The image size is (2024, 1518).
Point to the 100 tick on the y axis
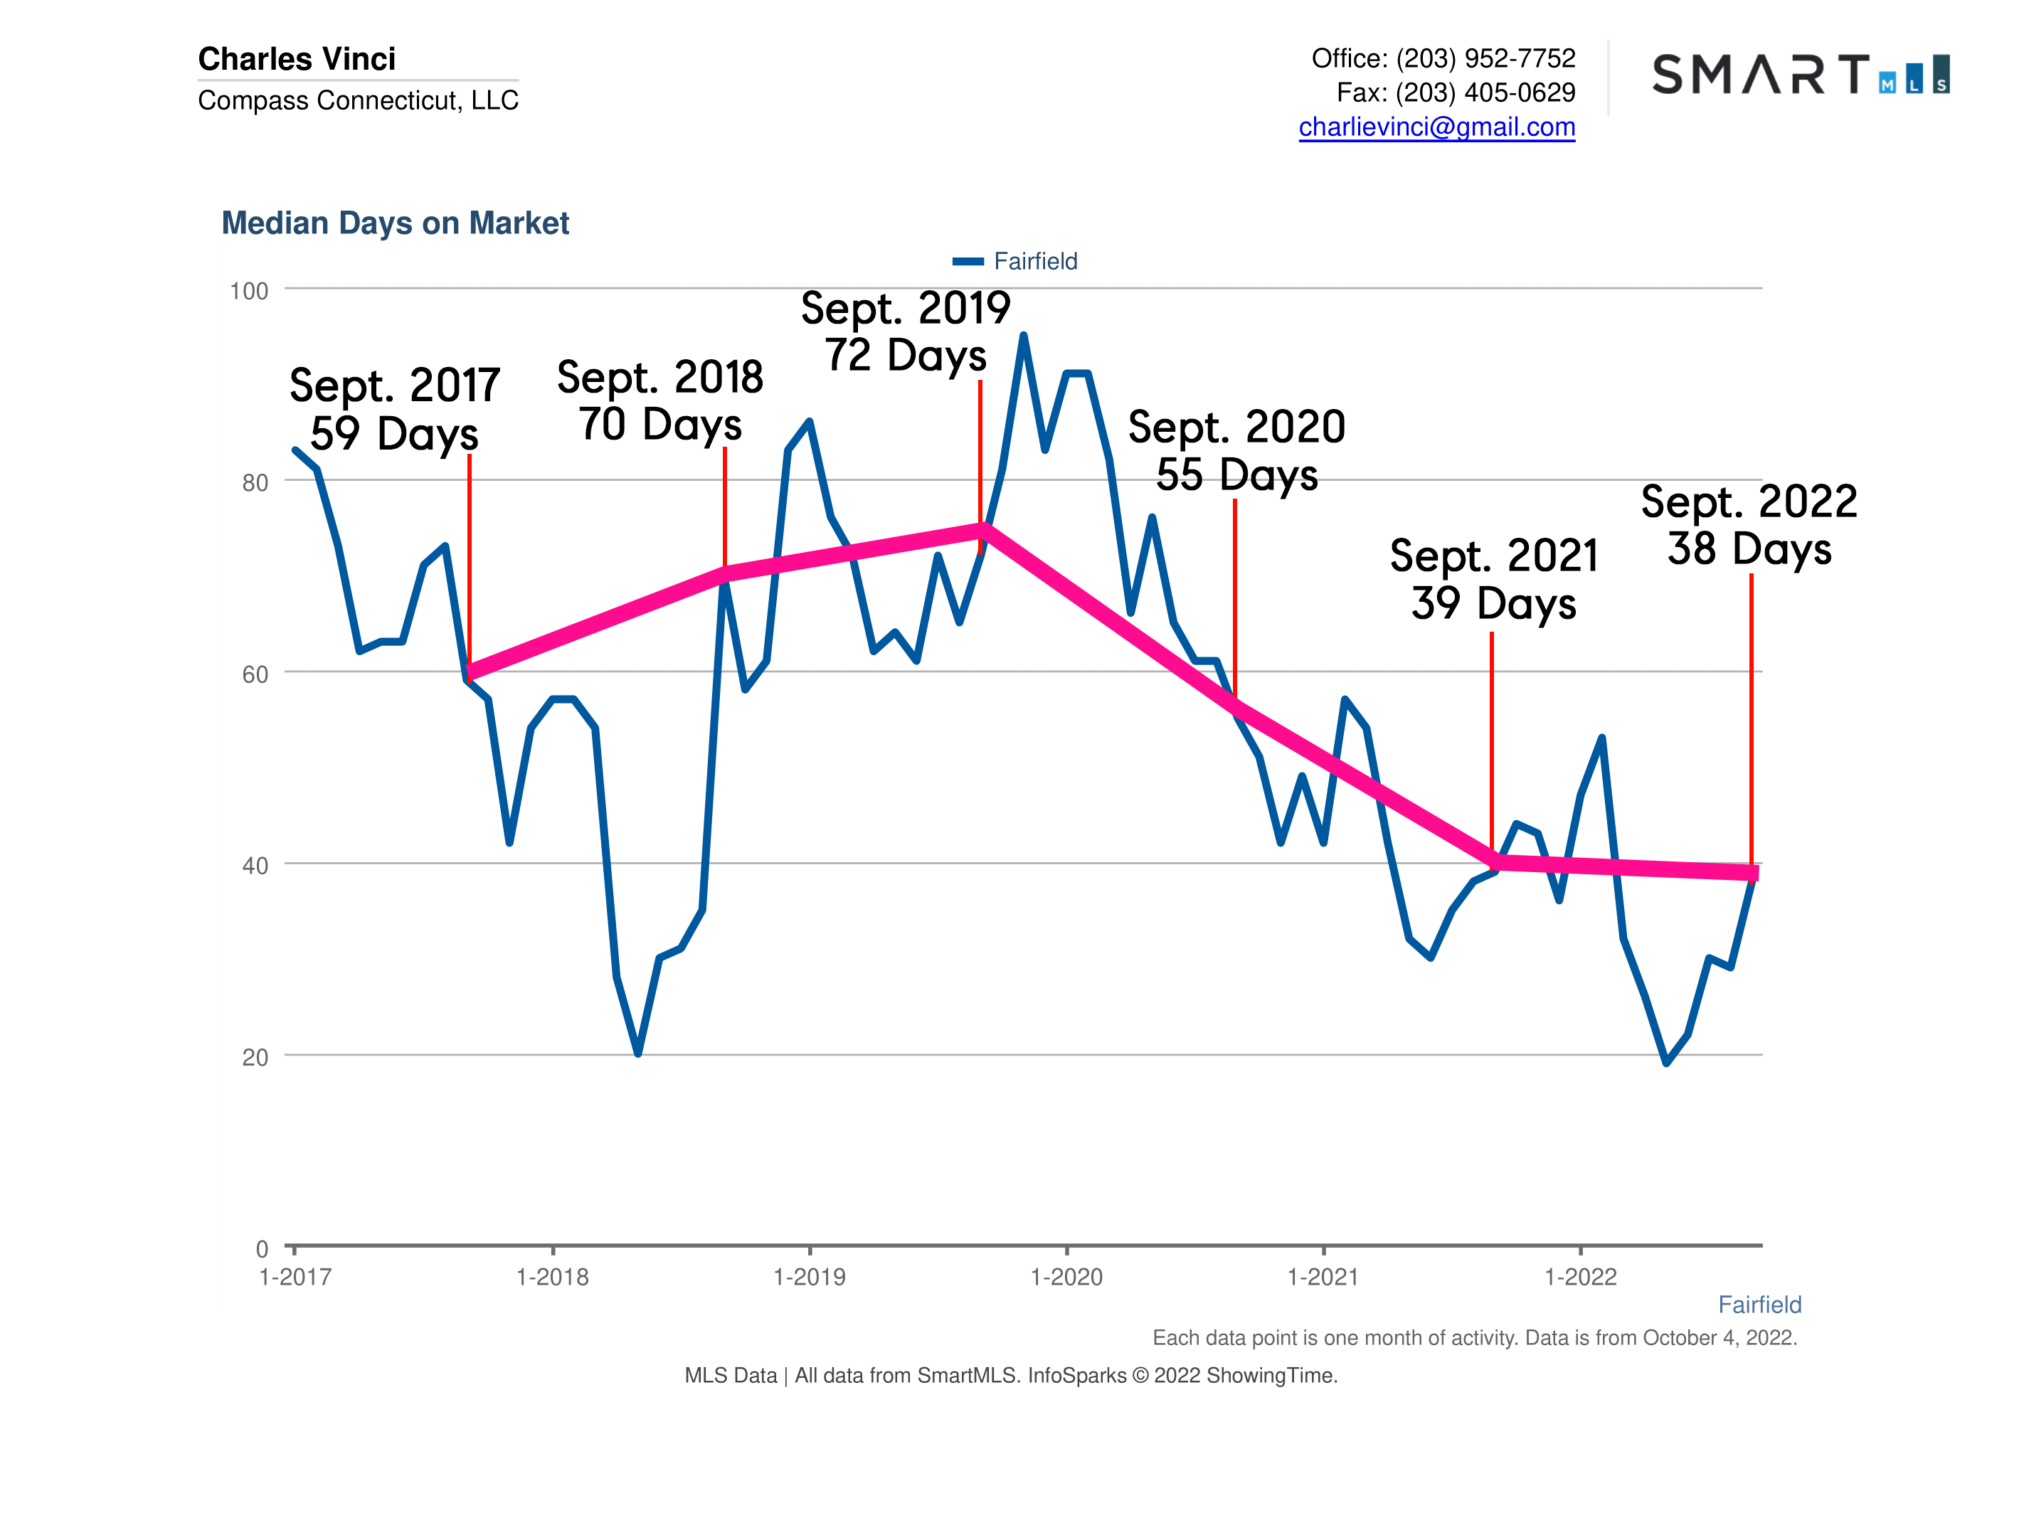249,291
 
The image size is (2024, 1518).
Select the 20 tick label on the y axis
255,1057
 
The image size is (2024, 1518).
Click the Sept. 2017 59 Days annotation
394,409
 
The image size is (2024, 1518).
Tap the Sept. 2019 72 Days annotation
905,331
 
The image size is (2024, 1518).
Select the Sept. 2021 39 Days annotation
1493,579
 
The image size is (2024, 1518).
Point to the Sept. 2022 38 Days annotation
1749,524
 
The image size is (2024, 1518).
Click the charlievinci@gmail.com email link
1436,127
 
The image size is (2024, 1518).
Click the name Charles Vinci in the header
297,58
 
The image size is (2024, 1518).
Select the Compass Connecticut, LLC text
358,100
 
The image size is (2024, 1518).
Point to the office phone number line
1442,58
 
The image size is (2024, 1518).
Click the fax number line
1455,92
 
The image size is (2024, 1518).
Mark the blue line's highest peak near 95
1023,336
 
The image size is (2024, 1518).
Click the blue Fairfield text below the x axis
1759,1304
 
